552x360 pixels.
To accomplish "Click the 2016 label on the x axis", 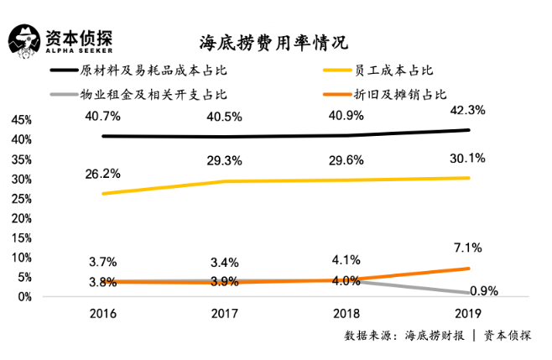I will click(x=103, y=314).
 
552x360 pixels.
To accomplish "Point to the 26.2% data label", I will click(x=103, y=174).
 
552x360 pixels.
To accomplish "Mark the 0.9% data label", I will click(x=484, y=291).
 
